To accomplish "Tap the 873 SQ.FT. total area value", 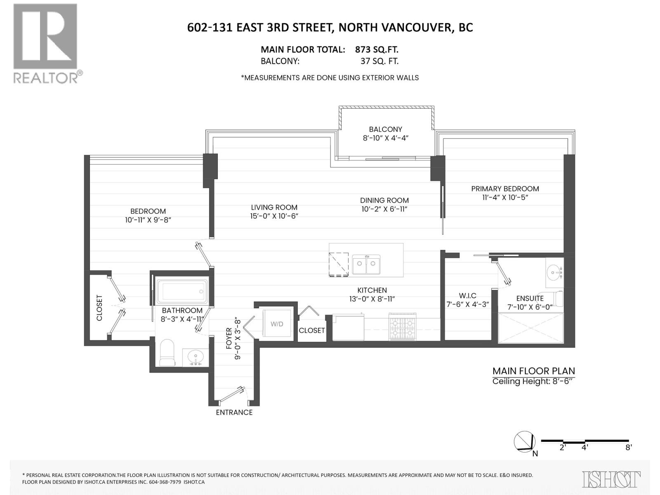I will click(x=376, y=49).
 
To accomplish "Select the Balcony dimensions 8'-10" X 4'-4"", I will click(x=385, y=138).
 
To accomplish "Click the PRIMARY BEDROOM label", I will click(x=505, y=189).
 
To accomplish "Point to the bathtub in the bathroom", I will click(x=181, y=291).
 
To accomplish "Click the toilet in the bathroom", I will click(x=168, y=353).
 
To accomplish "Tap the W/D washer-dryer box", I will click(x=277, y=324).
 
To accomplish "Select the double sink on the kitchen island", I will click(x=366, y=264).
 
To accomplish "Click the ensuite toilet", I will click(x=558, y=299).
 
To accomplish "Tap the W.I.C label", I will click(x=467, y=296).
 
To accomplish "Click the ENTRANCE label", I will click(x=234, y=412).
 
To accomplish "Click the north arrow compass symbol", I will click(x=524, y=442).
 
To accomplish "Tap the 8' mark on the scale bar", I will click(x=628, y=447).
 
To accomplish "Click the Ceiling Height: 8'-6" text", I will click(x=533, y=381).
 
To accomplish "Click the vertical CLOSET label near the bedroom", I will click(x=99, y=307).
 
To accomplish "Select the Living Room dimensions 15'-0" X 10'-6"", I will click(x=274, y=216).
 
